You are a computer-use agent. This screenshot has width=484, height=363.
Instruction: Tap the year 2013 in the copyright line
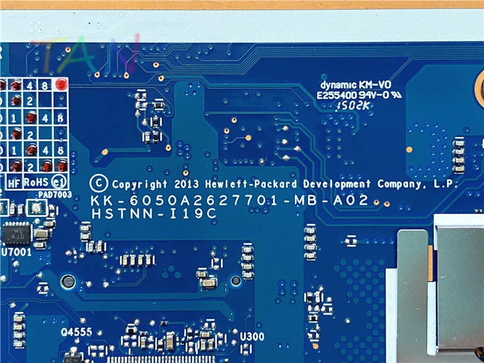(185, 185)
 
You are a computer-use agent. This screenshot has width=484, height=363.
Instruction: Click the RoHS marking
(36, 181)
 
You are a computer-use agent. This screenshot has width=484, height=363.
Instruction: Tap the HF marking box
(14, 181)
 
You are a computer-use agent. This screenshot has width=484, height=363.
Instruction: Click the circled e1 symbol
(59, 181)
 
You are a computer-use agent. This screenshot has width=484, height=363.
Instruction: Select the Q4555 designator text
(76, 332)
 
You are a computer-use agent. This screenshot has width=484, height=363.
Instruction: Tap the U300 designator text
(251, 336)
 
